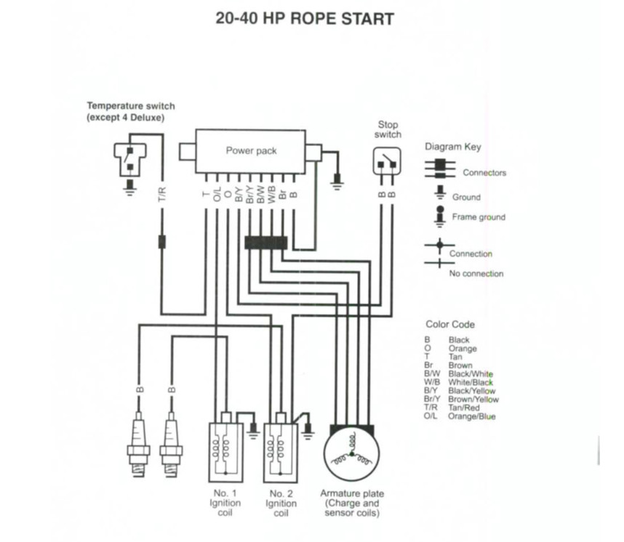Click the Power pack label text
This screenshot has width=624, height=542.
point(251,150)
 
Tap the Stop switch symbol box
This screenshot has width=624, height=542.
point(387,161)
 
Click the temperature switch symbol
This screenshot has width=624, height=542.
point(130,159)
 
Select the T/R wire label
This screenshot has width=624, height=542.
point(162,194)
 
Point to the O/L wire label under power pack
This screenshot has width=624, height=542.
point(217,194)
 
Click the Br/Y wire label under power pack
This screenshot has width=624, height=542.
point(249,194)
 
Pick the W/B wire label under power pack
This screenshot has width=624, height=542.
point(272,194)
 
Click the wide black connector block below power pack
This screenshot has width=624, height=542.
point(266,243)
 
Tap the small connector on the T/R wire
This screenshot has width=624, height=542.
point(162,242)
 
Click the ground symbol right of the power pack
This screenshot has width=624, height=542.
point(337,181)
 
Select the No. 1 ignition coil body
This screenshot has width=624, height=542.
point(225,452)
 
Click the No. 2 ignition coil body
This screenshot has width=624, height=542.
point(281,453)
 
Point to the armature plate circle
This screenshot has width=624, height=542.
point(351,453)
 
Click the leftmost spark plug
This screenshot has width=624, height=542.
point(138,444)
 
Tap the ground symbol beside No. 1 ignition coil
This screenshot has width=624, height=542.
point(252,431)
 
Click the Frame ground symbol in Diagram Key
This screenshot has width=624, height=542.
point(440,217)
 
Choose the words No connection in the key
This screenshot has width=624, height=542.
point(476,274)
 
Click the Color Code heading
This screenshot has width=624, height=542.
point(450,325)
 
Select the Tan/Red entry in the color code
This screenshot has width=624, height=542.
point(463,408)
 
